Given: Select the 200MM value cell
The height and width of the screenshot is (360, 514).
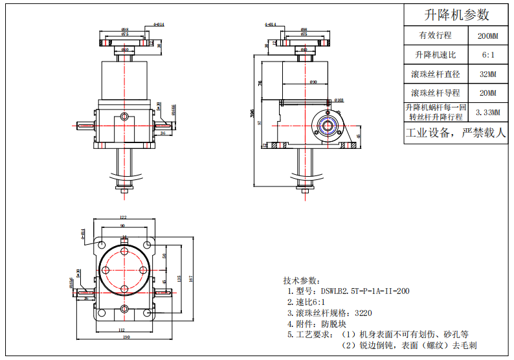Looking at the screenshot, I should tap(487, 36).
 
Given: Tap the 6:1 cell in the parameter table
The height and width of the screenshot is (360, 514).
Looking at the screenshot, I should tap(487, 55).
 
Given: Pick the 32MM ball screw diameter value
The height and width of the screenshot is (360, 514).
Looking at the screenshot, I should tap(487, 74).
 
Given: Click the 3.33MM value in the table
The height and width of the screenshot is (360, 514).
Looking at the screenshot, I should tap(487, 112).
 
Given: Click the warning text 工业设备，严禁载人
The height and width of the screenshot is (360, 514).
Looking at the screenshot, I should tap(456, 134).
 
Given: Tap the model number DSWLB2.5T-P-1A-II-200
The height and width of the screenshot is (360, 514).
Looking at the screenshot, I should tap(352, 291).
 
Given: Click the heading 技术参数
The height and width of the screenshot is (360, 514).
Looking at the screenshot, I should tap(301, 280).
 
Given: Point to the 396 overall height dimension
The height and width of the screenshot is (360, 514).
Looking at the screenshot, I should tap(252, 113).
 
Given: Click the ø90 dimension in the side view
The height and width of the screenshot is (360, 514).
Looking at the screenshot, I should tap(313, 82).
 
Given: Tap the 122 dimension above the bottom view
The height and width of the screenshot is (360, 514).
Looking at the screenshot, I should tap(123, 218).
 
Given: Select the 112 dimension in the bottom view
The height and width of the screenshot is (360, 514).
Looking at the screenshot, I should tap(122, 330).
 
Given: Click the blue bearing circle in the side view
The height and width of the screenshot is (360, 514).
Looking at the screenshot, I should tap(328, 126).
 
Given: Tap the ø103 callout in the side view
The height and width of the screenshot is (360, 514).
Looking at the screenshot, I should tap(339, 100).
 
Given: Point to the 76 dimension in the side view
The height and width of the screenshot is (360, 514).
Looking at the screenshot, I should tap(260, 83).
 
